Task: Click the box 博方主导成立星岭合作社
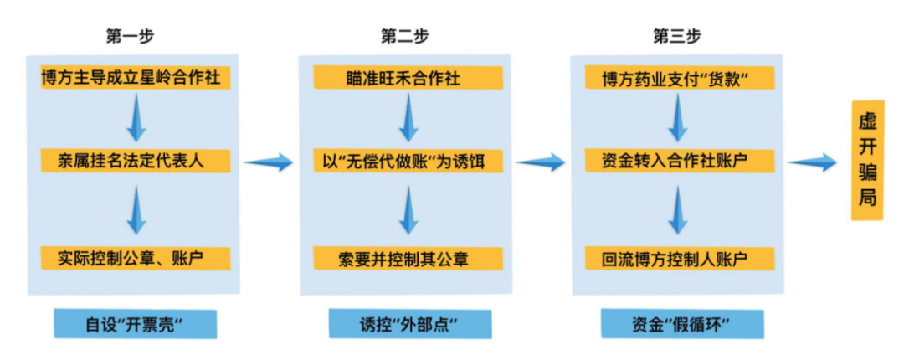(x=136, y=78)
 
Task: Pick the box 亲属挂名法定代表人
(x=136, y=161)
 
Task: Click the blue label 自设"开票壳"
(x=136, y=324)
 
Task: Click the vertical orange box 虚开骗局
(x=867, y=161)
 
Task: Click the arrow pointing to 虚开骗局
(x=811, y=162)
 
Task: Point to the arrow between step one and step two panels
(x=268, y=162)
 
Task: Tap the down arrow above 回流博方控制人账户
(x=677, y=210)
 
